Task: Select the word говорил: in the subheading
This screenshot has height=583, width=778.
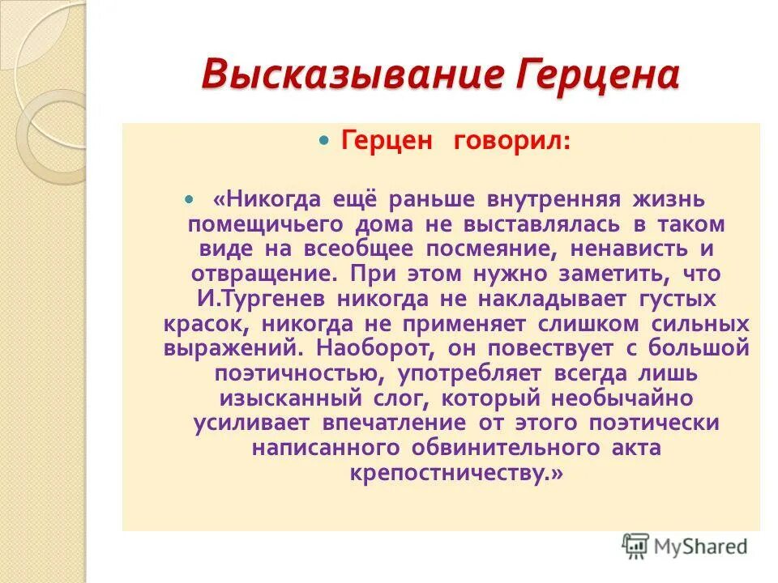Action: pos(524,141)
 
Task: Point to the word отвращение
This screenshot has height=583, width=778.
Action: pos(262,274)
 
